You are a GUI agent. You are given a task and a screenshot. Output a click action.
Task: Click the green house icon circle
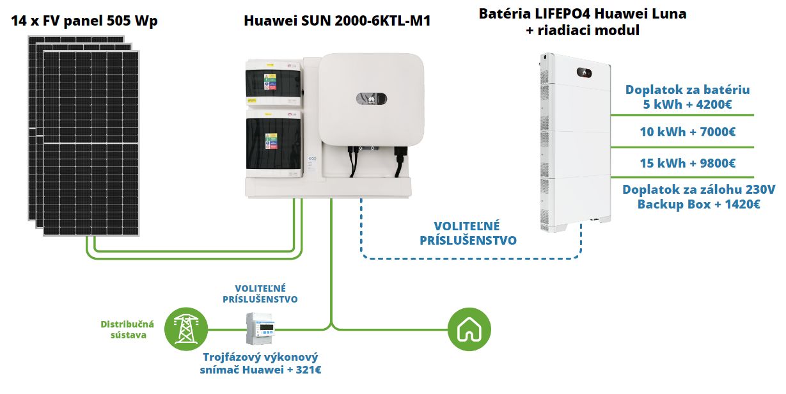click(x=469, y=329)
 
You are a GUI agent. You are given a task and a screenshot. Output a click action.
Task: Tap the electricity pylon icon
click(x=186, y=329)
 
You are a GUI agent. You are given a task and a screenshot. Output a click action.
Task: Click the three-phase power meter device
click(x=260, y=328)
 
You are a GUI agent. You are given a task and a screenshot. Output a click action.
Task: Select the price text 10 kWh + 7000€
click(x=688, y=132)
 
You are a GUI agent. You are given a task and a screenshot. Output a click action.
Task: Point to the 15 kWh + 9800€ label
click(x=688, y=163)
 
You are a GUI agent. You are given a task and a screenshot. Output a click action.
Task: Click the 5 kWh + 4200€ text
click(x=688, y=104)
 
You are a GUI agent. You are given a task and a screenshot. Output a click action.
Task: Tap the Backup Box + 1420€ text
click(x=698, y=204)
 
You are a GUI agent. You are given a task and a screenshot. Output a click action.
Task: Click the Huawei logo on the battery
click(x=584, y=73)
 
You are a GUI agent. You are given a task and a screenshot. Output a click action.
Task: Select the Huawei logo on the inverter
click(x=372, y=99)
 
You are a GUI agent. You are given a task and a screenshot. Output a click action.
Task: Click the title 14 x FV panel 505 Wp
click(x=84, y=20)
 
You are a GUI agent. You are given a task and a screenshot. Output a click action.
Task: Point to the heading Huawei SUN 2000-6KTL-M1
click(x=337, y=20)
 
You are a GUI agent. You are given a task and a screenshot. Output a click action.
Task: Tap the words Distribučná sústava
click(x=127, y=329)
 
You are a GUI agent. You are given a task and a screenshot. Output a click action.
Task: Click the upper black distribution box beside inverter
click(x=273, y=83)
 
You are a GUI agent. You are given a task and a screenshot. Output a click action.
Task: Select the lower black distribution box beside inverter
click(x=274, y=143)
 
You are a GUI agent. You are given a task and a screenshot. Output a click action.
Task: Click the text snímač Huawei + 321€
click(x=260, y=370)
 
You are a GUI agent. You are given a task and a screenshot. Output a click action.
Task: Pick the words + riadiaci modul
click(x=583, y=30)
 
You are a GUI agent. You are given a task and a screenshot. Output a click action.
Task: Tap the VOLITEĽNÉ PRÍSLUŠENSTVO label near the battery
click(x=468, y=233)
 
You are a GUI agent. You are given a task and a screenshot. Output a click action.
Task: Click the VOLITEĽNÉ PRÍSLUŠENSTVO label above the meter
click(x=260, y=294)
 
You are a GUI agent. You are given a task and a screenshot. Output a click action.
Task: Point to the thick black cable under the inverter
click(x=399, y=162)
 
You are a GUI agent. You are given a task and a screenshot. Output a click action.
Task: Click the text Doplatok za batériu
click(x=688, y=90)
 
